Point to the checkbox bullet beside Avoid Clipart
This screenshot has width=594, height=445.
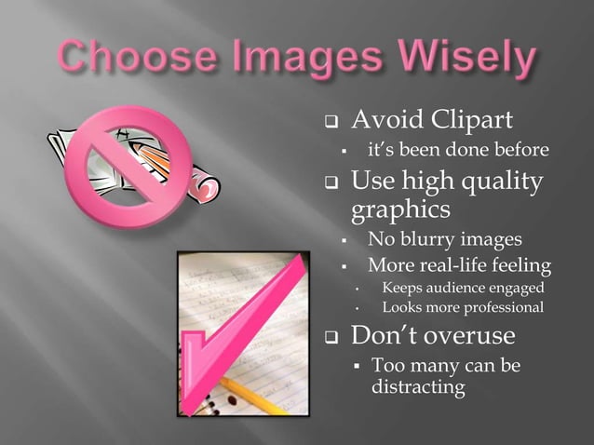click(329, 123)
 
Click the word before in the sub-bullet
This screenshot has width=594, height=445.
click(518, 150)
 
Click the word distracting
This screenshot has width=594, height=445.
click(417, 384)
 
